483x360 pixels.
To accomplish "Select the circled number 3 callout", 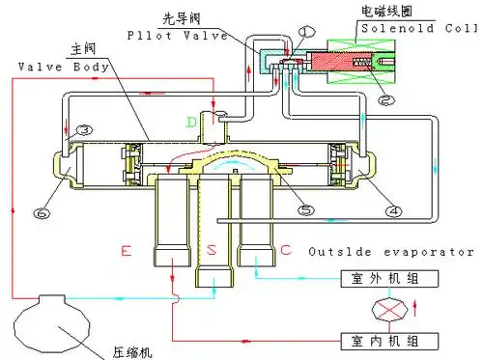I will tap(85, 130).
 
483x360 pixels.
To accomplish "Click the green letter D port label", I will tap(192, 123).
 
